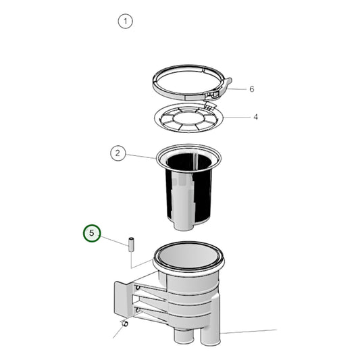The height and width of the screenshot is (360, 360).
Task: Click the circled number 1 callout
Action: pyautogui.click(x=125, y=21)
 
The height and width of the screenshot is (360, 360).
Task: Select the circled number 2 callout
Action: pyautogui.click(x=118, y=153)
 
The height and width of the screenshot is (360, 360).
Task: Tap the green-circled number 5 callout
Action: pyautogui.click(x=92, y=234)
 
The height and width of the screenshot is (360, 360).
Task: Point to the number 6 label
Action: pyautogui.click(x=252, y=89)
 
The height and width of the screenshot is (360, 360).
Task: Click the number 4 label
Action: pyautogui.click(x=256, y=117)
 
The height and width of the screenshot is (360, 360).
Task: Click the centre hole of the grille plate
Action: pyautogui.click(x=190, y=121)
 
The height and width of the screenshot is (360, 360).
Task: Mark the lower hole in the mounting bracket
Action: pyautogui.click(x=138, y=310)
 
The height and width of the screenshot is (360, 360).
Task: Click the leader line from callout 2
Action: pyautogui.click(x=141, y=156)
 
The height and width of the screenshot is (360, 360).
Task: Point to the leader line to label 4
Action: pyautogui.click(x=236, y=117)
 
